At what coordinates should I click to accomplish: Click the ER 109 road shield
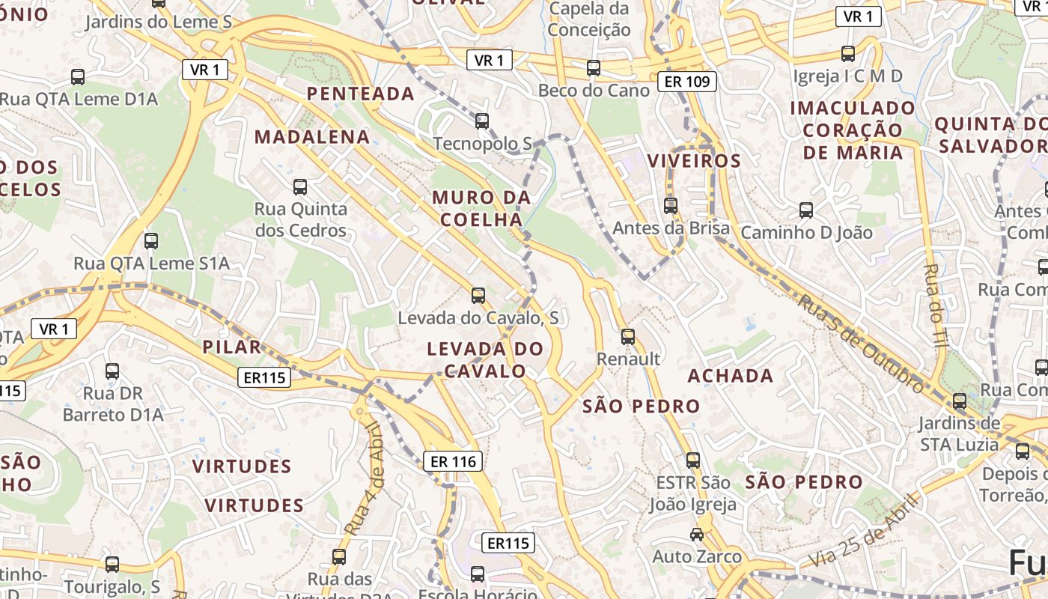(x=687, y=82)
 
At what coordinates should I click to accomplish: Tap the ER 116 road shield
(x=454, y=461)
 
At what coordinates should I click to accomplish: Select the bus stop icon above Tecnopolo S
(x=482, y=121)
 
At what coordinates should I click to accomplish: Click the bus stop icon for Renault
(x=628, y=337)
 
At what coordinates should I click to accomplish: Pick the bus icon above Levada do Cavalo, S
(x=478, y=296)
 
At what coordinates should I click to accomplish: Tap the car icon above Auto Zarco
(x=697, y=535)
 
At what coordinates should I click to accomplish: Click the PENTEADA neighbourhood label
(x=361, y=94)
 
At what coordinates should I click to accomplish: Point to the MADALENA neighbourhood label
(x=312, y=137)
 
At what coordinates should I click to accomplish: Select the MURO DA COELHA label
(x=481, y=208)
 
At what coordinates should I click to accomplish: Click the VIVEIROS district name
(x=694, y=161)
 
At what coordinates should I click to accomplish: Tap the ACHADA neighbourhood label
(x=731, y=375)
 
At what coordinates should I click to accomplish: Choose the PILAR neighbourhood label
(x=232, y=347)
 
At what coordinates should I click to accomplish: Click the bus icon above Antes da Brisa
(x=671, y=205)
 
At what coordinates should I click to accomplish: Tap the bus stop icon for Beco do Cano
(x=594, y=68)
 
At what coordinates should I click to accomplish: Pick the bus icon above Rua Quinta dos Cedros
(x=300, y=186)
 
